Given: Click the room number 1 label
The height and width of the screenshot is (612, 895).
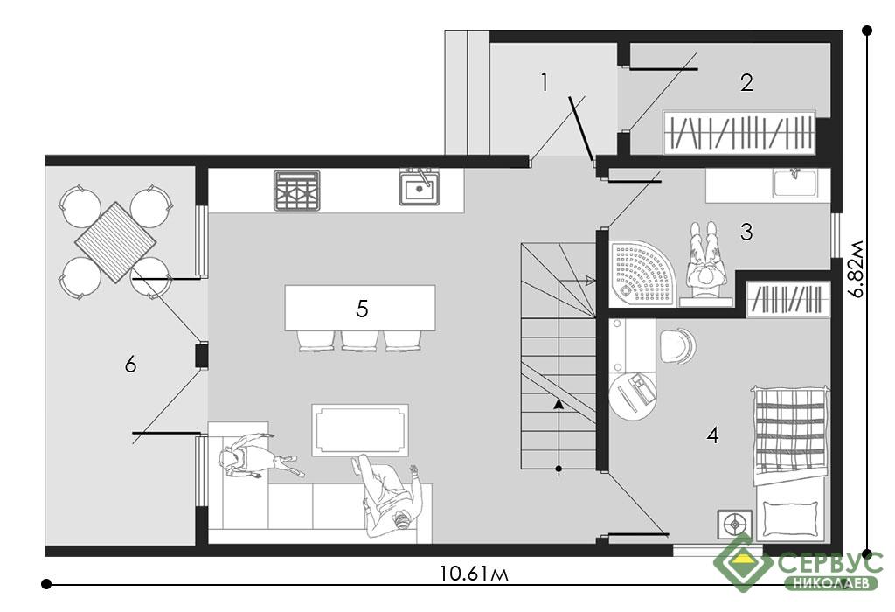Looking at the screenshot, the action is [x=545, y=83].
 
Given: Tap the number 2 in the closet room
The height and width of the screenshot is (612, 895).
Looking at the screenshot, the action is [x=746, y=83].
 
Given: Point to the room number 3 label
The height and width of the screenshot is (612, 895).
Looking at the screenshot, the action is [x=746, y=232].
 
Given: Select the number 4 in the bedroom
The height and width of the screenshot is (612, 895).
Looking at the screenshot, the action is [x=712, y=435].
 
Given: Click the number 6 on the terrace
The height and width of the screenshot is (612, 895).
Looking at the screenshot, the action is [x=131, y=364].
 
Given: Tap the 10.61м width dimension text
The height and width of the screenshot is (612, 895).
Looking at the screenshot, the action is [x=474, y=573].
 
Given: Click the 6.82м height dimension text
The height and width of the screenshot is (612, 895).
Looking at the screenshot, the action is [x=857, y=269].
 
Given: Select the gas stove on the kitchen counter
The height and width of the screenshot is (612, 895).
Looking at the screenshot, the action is [x=296, y=190].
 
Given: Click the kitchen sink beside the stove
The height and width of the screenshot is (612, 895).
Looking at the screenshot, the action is [x=420, y=187].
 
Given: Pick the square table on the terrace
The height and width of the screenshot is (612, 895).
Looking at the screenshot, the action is [x=116, y=242].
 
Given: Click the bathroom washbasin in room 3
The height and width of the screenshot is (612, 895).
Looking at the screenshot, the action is [x=794, y=183].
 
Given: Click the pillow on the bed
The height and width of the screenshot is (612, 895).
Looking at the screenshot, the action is [x=790, y=518].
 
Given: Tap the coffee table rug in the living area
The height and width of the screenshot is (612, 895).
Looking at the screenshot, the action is [x=360, y=430].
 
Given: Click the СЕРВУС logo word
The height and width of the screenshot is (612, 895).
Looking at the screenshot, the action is [x=830, y=562].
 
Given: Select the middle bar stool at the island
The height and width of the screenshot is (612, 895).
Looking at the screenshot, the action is [x=359, y=341].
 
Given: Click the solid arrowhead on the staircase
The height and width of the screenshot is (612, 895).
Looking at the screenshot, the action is [x=559, y=404].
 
